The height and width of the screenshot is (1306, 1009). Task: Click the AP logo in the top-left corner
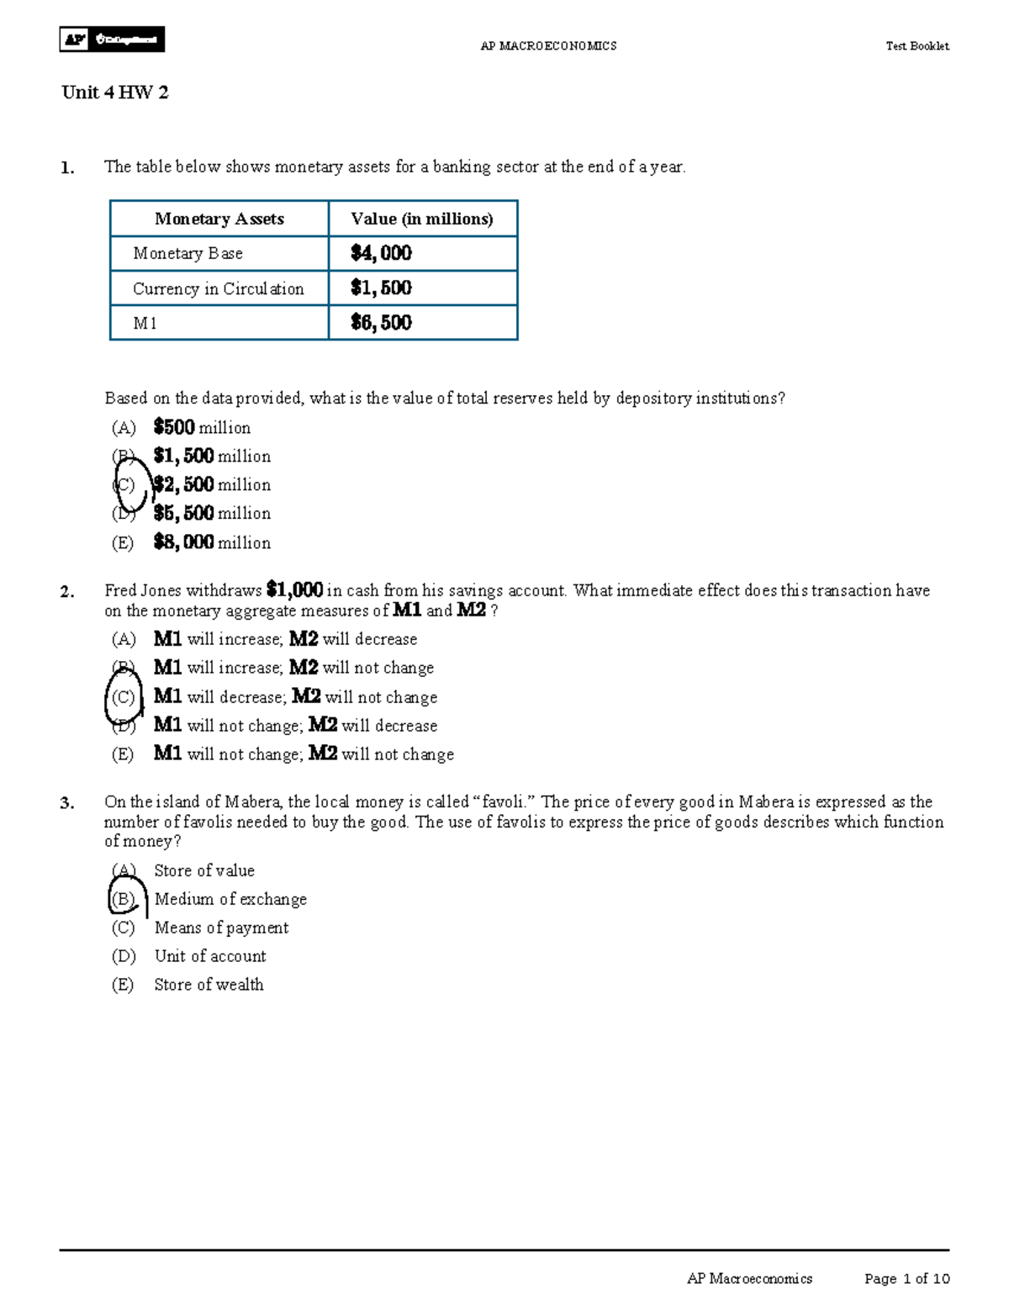pos(111,40)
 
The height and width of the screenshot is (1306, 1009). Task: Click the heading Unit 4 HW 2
pos(115,93)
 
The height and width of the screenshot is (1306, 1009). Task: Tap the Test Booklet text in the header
pos(917,46)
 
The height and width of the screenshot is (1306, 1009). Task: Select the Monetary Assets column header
pos(219,219)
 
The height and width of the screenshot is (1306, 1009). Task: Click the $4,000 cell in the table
pos(381,253)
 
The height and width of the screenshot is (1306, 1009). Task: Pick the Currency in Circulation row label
pos(218,288)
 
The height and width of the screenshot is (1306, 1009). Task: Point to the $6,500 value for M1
pos(381,323)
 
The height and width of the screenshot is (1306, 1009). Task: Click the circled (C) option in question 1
pos(124,485)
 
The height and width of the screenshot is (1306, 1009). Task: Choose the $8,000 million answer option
pos(212,542)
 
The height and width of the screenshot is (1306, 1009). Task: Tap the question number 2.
pos(67,592)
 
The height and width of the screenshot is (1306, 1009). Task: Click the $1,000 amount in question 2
pos(294,590)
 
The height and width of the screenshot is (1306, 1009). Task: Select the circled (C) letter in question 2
pos(124,698)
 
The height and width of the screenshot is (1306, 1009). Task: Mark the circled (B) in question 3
pos(124,899)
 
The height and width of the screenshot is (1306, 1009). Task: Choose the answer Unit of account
pos(210,956)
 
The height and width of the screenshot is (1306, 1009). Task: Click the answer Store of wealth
pos(209,985)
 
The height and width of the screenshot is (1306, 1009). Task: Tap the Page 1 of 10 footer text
pos(906,1278)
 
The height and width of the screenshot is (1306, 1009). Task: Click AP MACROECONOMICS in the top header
pos(548,46)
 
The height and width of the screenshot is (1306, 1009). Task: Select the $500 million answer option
pos(202,428)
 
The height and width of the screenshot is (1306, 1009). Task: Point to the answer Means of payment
pos(221,928)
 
